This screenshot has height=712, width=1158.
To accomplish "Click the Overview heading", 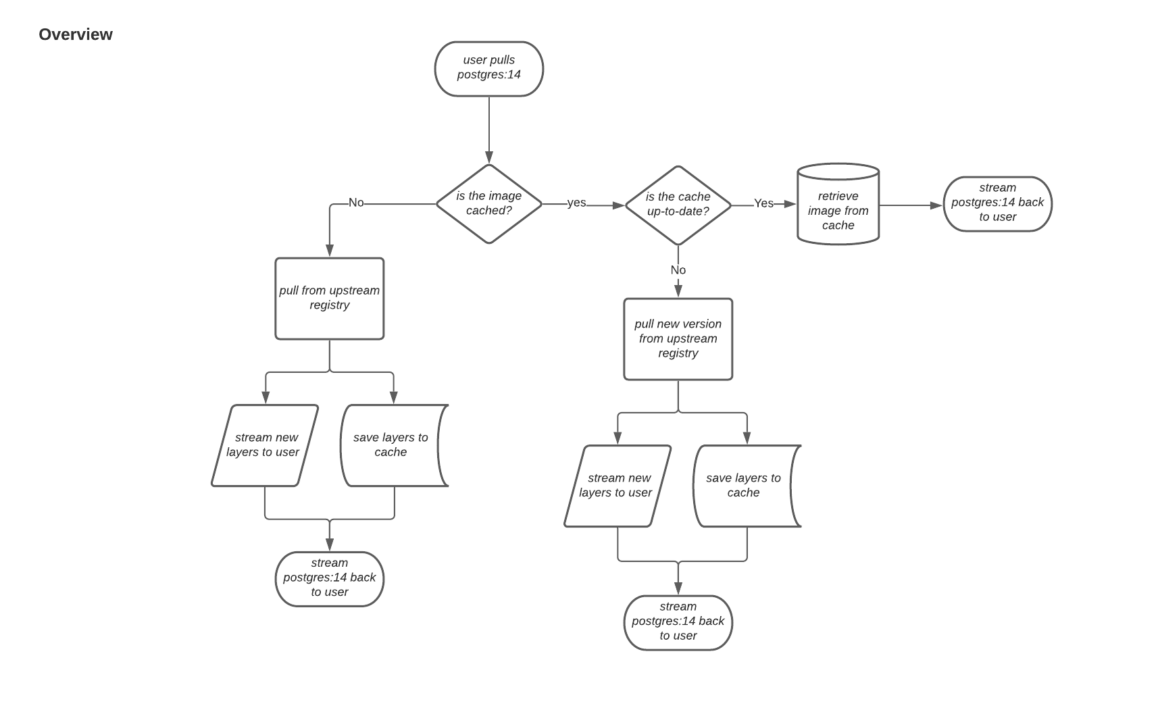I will (76, 34).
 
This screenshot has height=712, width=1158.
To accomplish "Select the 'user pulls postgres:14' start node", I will (488, 68).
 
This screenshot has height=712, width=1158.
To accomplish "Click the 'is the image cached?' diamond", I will (488, 203).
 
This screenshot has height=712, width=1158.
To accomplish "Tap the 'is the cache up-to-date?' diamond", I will (678, 205).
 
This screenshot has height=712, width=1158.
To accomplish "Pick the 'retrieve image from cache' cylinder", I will (838, 210).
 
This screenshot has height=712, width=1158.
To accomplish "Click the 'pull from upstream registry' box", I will (329, 298).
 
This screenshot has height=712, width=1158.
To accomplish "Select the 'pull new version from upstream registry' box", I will (678, 338).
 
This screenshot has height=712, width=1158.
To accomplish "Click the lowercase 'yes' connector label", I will (576, 203).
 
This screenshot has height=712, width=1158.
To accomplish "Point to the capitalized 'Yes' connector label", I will (763, 203).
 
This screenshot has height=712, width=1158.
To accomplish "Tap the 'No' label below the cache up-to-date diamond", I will (678, 270).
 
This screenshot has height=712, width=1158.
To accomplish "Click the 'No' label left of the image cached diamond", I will (356, 203).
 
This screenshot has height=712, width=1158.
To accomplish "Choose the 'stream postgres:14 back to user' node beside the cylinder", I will (997, 203).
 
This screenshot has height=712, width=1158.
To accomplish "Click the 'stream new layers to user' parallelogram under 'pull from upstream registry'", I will (264, 445).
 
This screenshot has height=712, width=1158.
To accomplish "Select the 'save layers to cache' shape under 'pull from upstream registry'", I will (391, 445).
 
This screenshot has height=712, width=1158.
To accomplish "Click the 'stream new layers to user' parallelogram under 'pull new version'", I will (617, 486).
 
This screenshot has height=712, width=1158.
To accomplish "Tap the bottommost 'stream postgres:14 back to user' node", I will (678, 622).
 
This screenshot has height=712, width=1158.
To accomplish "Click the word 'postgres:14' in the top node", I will (488, 75).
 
